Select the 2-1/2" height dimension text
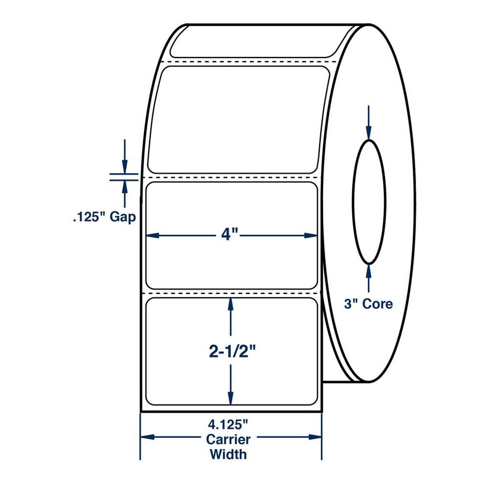click(x=232, y=352)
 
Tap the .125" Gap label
click(x=105, y=218)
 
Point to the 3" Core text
click(x=368, y=304)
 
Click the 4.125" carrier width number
click(x=228, y=424)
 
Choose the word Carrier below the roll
click(x=228, y=440)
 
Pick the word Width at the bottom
click(x=228, y=454)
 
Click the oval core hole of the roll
click(x=353, y=202)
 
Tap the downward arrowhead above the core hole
click(x=369, y=133)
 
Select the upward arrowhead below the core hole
click(x=369, y=271)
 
